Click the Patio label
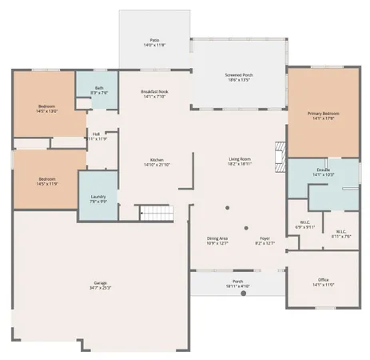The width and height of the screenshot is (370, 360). coord(154,42)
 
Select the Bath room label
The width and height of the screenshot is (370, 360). coord(99,90)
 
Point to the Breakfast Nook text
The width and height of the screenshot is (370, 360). coord(154,94)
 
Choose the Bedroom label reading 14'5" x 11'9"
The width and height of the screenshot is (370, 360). coord(48,182)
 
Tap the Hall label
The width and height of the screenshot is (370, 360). coord(96,136)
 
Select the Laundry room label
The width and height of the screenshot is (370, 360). coord(98,199)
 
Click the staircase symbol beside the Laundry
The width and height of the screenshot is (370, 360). coord(157,214)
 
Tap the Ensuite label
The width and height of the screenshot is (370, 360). coord(324,172)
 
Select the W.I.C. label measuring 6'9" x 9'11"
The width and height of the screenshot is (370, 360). coord(305,226)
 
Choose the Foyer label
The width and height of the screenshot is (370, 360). coord(265,241)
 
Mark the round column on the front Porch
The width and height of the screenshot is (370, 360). coord(244,294)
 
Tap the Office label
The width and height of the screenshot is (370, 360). coord(323,282)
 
